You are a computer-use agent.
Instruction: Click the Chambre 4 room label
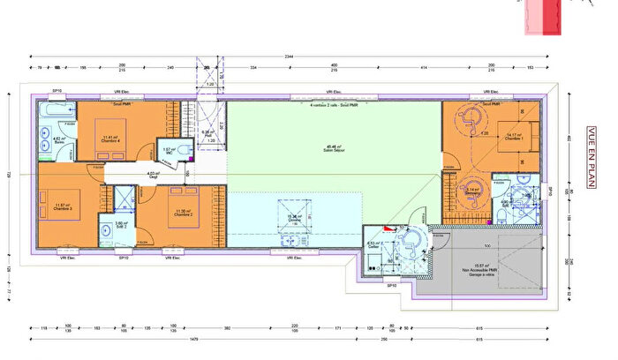(110, 139)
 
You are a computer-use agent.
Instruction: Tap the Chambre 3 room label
(61, 208)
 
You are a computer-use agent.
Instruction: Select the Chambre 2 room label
(183, 214)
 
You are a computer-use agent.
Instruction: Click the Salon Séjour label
(334, 149)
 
